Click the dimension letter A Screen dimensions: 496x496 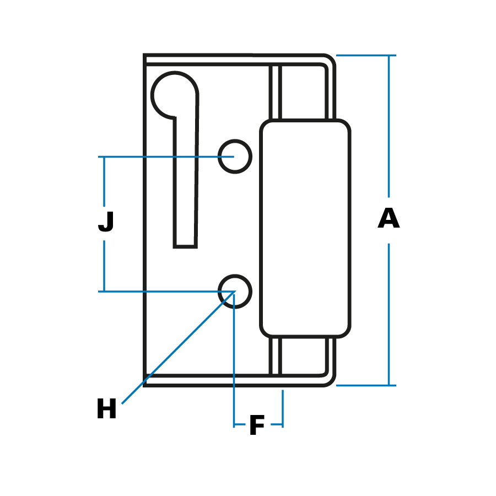389,219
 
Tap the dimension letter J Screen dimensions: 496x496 106,222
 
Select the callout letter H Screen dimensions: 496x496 106,409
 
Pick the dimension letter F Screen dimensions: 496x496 257,426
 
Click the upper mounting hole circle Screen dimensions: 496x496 235,157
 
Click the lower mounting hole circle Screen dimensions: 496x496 235,292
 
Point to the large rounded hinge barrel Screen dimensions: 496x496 305,228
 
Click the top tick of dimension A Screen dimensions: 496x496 366,56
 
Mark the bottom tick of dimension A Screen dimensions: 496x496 366,385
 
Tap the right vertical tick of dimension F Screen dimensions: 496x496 283,408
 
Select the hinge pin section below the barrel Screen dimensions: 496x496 303,356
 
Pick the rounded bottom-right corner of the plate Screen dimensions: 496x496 329,380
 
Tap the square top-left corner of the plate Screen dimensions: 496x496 145,56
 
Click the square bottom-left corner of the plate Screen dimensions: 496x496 145,384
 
